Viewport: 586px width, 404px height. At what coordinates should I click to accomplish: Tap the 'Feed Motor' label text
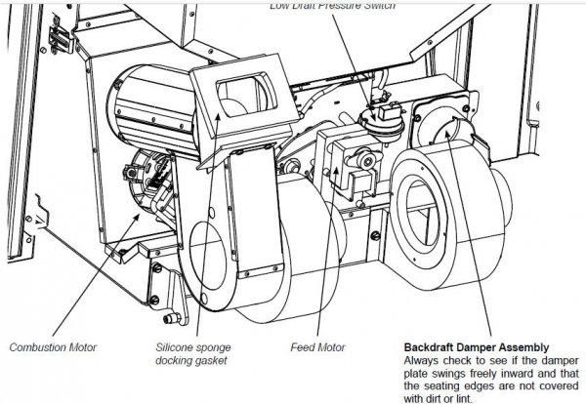[x=314, y=345]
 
